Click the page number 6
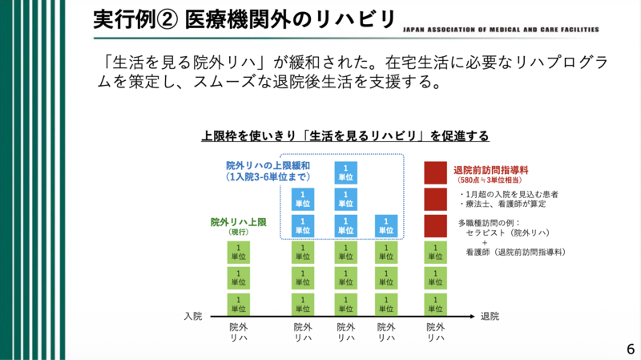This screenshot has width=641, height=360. (x=631, y=350)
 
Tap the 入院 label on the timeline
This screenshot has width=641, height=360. (x=193, y=316)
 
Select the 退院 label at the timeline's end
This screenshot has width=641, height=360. (x=490, y=316)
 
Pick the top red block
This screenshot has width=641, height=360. (x=435, y=172)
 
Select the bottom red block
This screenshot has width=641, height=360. (x=435, y=225)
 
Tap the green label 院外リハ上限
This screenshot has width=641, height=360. (x=240, y=220)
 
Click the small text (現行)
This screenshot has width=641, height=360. (x=240, y=232)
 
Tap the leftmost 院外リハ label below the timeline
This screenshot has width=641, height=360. (x=238, y=333)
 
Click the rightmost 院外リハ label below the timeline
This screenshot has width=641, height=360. (x=435, y=333)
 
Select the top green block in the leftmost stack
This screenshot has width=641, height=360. (x=238, y=252)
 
